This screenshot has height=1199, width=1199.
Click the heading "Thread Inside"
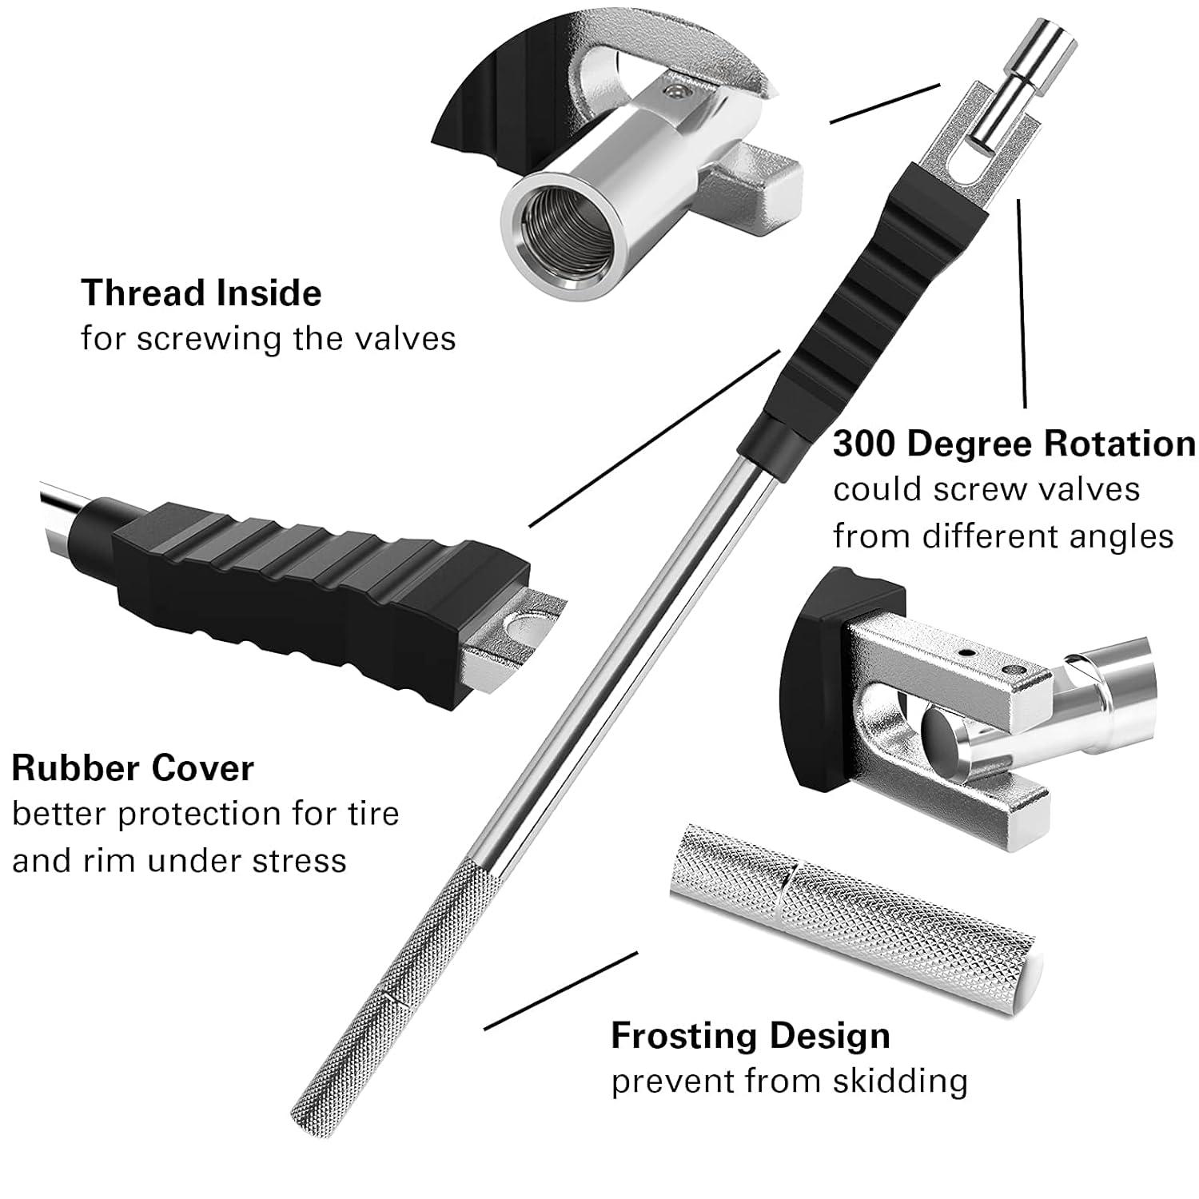(x=201, y=293)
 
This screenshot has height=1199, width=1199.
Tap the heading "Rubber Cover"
(x=133, y=768)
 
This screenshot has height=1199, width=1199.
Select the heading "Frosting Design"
(x=750, y=1036)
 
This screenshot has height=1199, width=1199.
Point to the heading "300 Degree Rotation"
(x=1014, y=444)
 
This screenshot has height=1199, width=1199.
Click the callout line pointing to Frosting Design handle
(x=560, y=991)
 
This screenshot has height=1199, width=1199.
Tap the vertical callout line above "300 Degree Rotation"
(x=1022, y=304)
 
